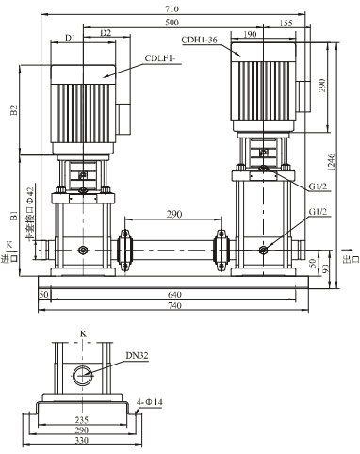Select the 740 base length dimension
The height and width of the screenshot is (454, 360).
[178, 308]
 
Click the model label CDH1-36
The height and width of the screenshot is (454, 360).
[212, 40]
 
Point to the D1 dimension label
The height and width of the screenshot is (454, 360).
[70, 39]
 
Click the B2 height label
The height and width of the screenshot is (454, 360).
[13, 111]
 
